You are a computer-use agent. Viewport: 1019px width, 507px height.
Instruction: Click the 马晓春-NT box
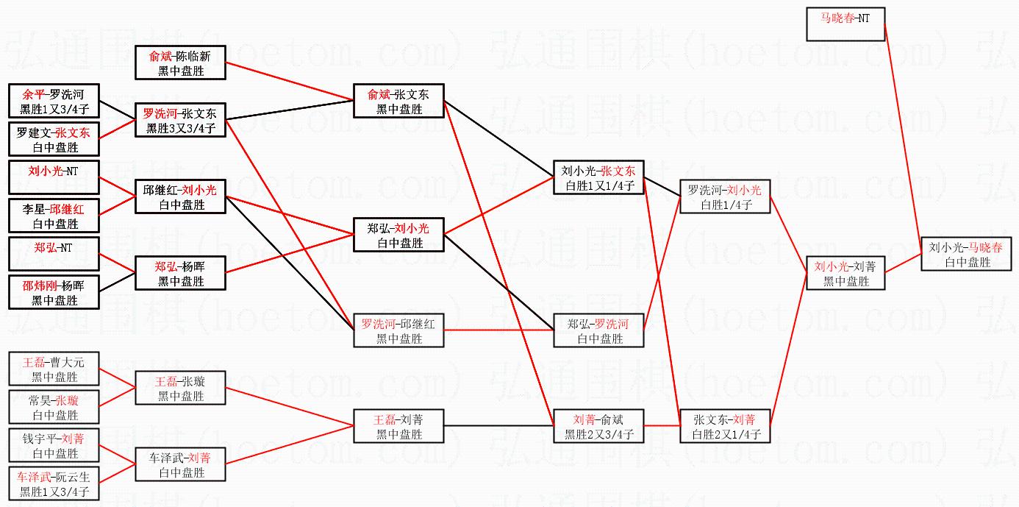point(845,24)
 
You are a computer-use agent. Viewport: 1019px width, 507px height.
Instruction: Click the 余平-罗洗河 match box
point(54,102)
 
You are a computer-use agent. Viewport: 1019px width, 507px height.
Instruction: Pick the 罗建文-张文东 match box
point(54,140)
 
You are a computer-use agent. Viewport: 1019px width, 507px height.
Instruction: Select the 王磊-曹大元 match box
point(54,369)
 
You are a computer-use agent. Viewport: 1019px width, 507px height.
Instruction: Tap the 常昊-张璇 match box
point(54,408)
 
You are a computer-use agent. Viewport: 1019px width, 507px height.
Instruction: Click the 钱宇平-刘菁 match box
point(54,446)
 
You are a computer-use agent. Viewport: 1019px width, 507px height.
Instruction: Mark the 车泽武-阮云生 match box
point(54,484)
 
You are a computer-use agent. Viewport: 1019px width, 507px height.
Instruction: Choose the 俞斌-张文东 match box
point(399,101)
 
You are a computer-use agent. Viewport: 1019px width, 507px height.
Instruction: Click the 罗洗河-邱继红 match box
point(399,330)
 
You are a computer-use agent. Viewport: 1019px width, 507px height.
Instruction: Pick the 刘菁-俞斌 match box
point(598,426)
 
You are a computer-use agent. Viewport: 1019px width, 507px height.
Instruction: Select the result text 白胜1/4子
point(726,205)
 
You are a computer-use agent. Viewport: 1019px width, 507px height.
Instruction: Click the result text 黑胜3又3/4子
point(181,129)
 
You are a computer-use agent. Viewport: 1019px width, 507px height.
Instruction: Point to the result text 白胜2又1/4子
point(726,435)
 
